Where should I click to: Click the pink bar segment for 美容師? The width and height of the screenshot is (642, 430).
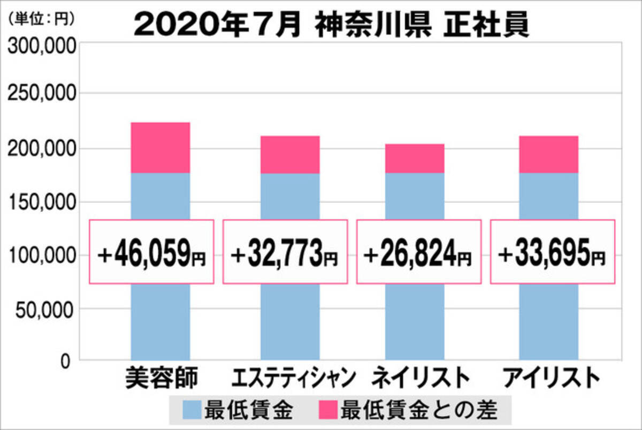pyautogui.click(x=160, y=147)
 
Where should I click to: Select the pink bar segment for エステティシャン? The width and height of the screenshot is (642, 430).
pyautogui.click(x=290, y=154)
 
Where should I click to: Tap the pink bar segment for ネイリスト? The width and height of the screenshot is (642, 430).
pyautogui.click(x=415, y=159)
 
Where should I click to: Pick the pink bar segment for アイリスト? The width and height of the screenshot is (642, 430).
pyautogui.click(x=548, y=154)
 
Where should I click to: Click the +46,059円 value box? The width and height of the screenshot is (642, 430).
pyautogui.click(x=151, y=252)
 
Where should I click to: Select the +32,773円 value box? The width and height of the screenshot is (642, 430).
pyautogui.click(x=285, y=252)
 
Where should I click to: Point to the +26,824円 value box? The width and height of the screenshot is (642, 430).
pyautogui.click(x=419, y=252)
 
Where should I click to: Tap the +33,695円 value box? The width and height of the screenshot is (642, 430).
pyautogui.click(x=553, y=252)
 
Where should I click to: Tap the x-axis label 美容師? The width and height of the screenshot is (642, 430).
pyautogui.click(x=159, y=378)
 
